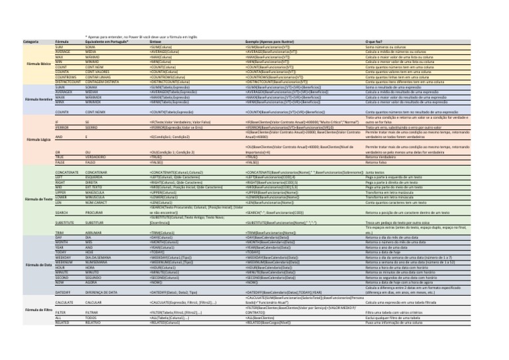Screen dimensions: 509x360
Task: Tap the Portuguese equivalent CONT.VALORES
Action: coord(99,72)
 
